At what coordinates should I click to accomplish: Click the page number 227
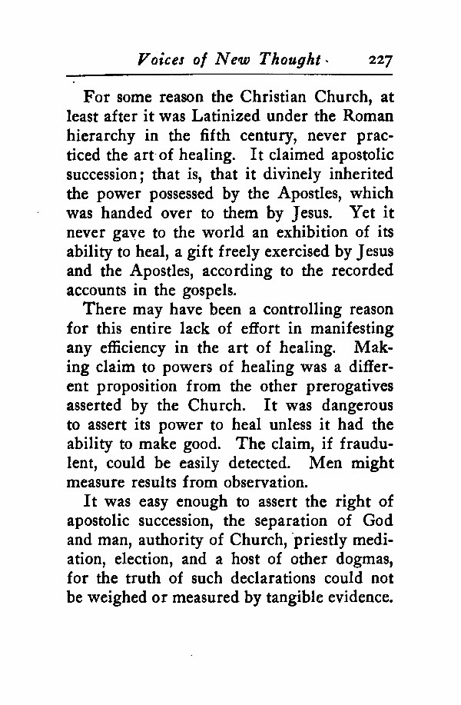click(381, 58)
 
